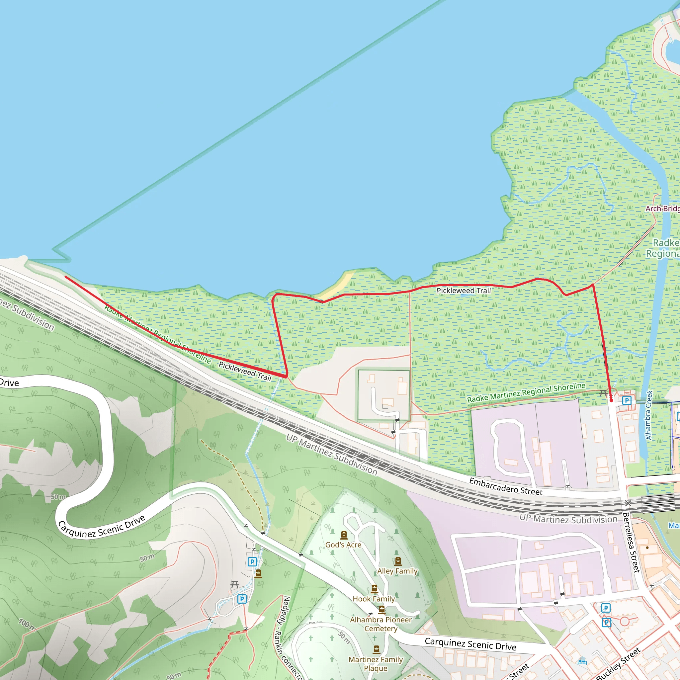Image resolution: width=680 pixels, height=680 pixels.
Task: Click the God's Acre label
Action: pos(343,545)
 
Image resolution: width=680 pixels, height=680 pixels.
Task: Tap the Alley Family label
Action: pos(397,571)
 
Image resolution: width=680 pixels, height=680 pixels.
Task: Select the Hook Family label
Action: pos(374,599)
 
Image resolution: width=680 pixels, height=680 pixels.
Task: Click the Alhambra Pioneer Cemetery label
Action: pos(381,624)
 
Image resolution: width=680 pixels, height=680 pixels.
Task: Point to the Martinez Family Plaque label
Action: pos(376,664)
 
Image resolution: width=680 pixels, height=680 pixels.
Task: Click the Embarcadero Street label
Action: pos(506,487)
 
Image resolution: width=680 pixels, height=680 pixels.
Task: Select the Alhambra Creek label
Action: pos(649,415)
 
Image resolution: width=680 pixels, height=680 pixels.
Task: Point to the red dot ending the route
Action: pos(611,400)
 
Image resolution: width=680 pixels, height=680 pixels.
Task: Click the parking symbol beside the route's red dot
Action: pos(627,400)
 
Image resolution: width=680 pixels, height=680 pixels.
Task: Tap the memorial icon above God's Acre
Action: pos(344,535)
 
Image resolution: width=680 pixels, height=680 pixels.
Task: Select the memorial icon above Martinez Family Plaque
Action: pos(376,649)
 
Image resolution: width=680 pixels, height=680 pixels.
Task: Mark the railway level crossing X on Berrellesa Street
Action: pos(628,504)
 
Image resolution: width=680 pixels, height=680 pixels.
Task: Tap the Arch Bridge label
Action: pos(662,209)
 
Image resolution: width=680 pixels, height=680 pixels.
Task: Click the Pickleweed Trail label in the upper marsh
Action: pos(464,291)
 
